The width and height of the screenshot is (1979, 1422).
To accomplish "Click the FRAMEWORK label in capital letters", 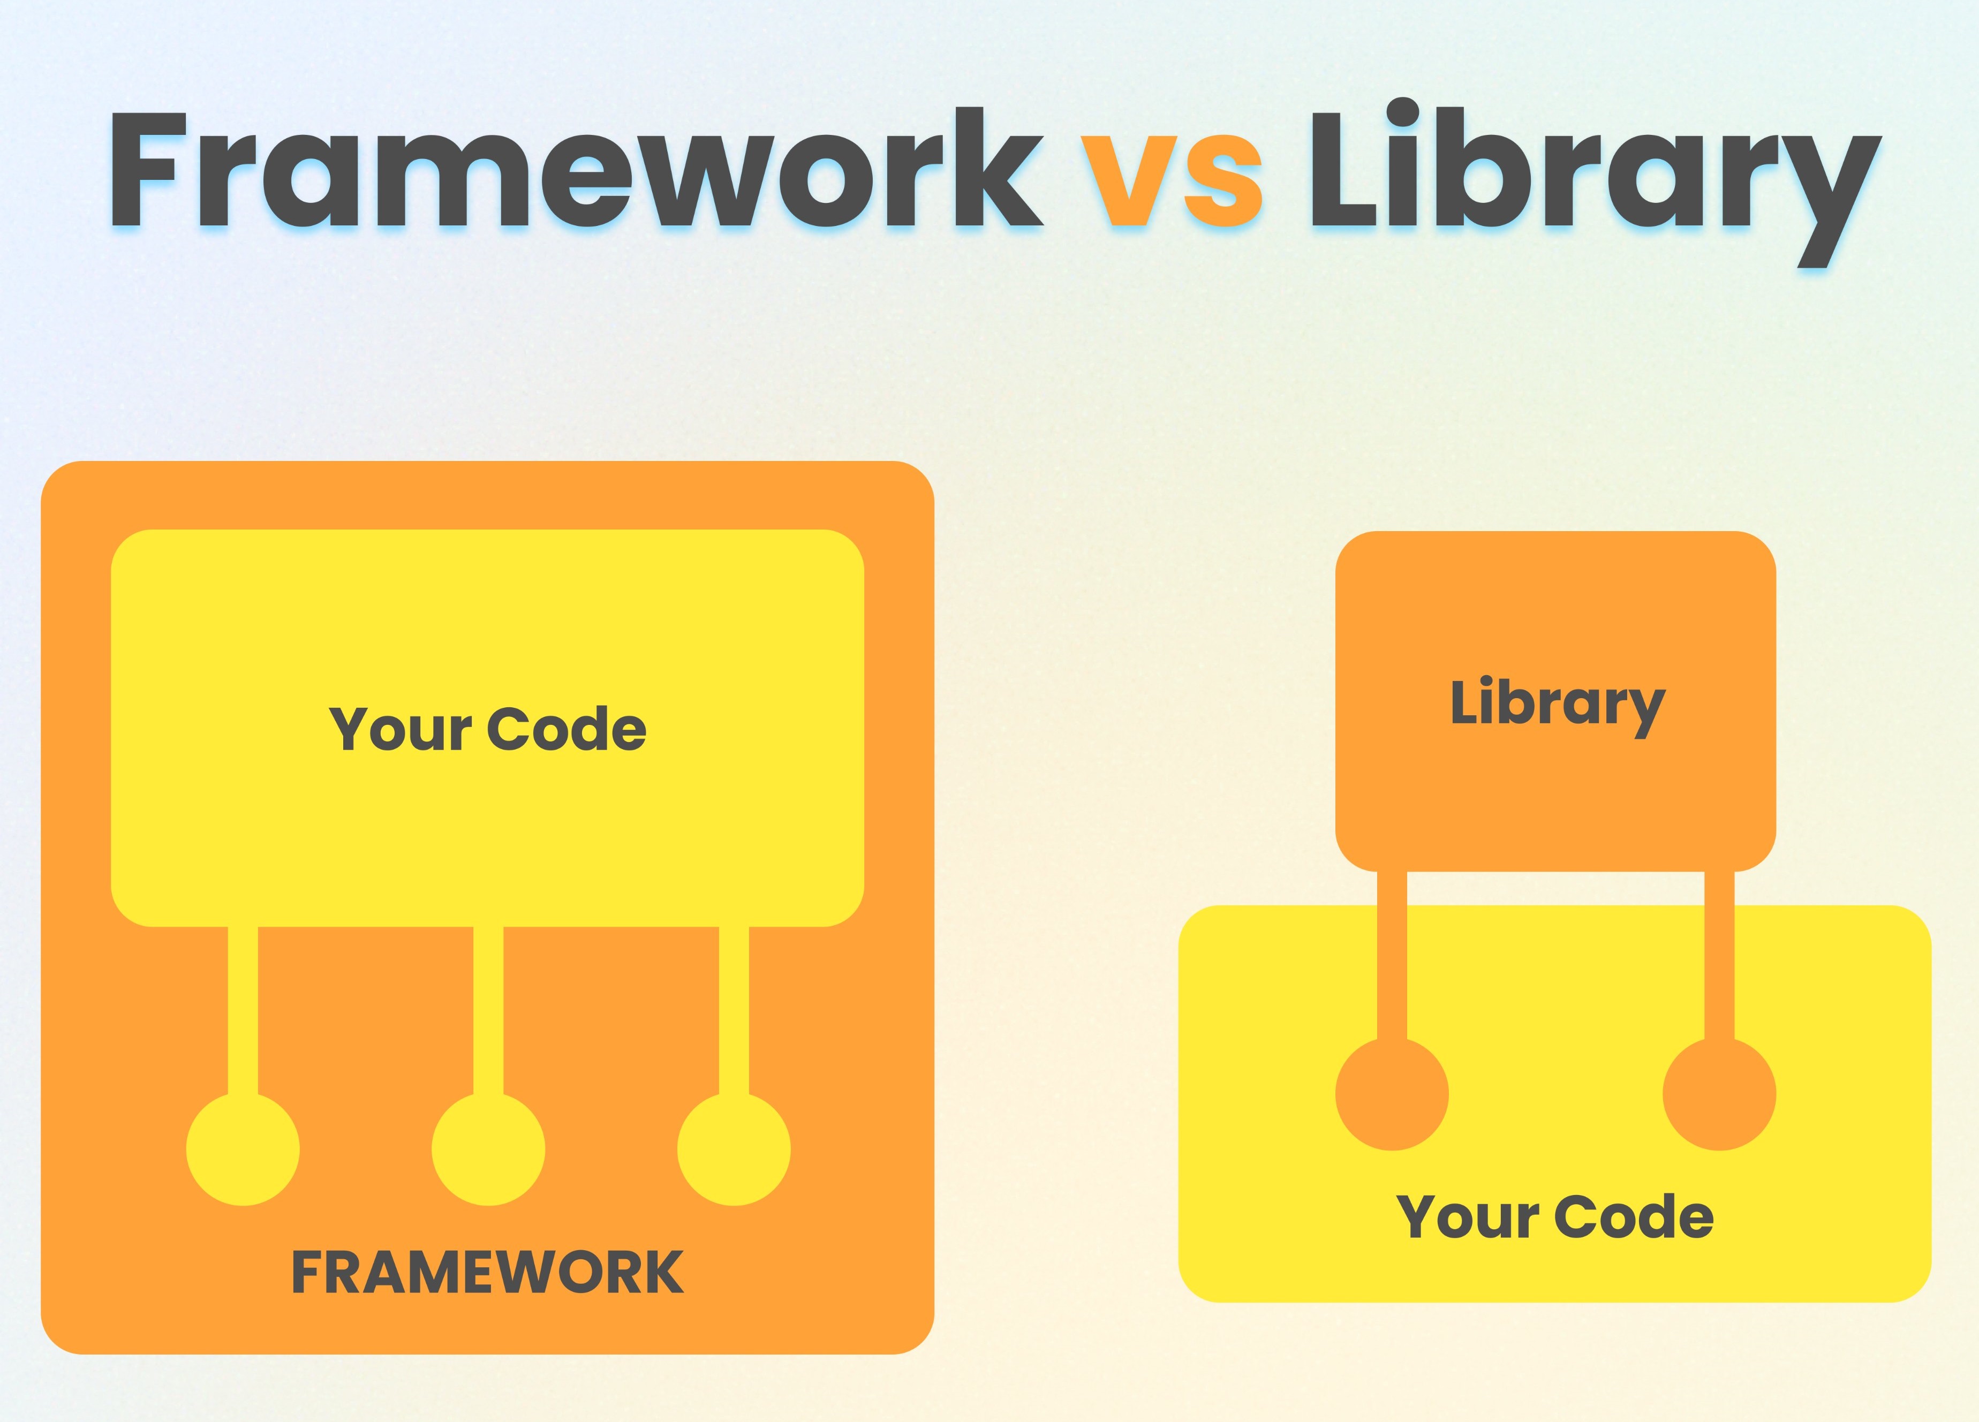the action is (487, 1272).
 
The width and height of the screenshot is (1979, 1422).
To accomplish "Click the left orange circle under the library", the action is (1392, 1094).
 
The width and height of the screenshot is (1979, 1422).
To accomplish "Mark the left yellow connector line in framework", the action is (243, 1010).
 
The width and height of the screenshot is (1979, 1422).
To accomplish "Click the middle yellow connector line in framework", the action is (489, 1010).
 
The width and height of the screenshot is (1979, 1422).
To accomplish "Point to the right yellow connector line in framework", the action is (734, 1010).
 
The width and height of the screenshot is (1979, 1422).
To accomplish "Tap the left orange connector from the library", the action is (1392, 955).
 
